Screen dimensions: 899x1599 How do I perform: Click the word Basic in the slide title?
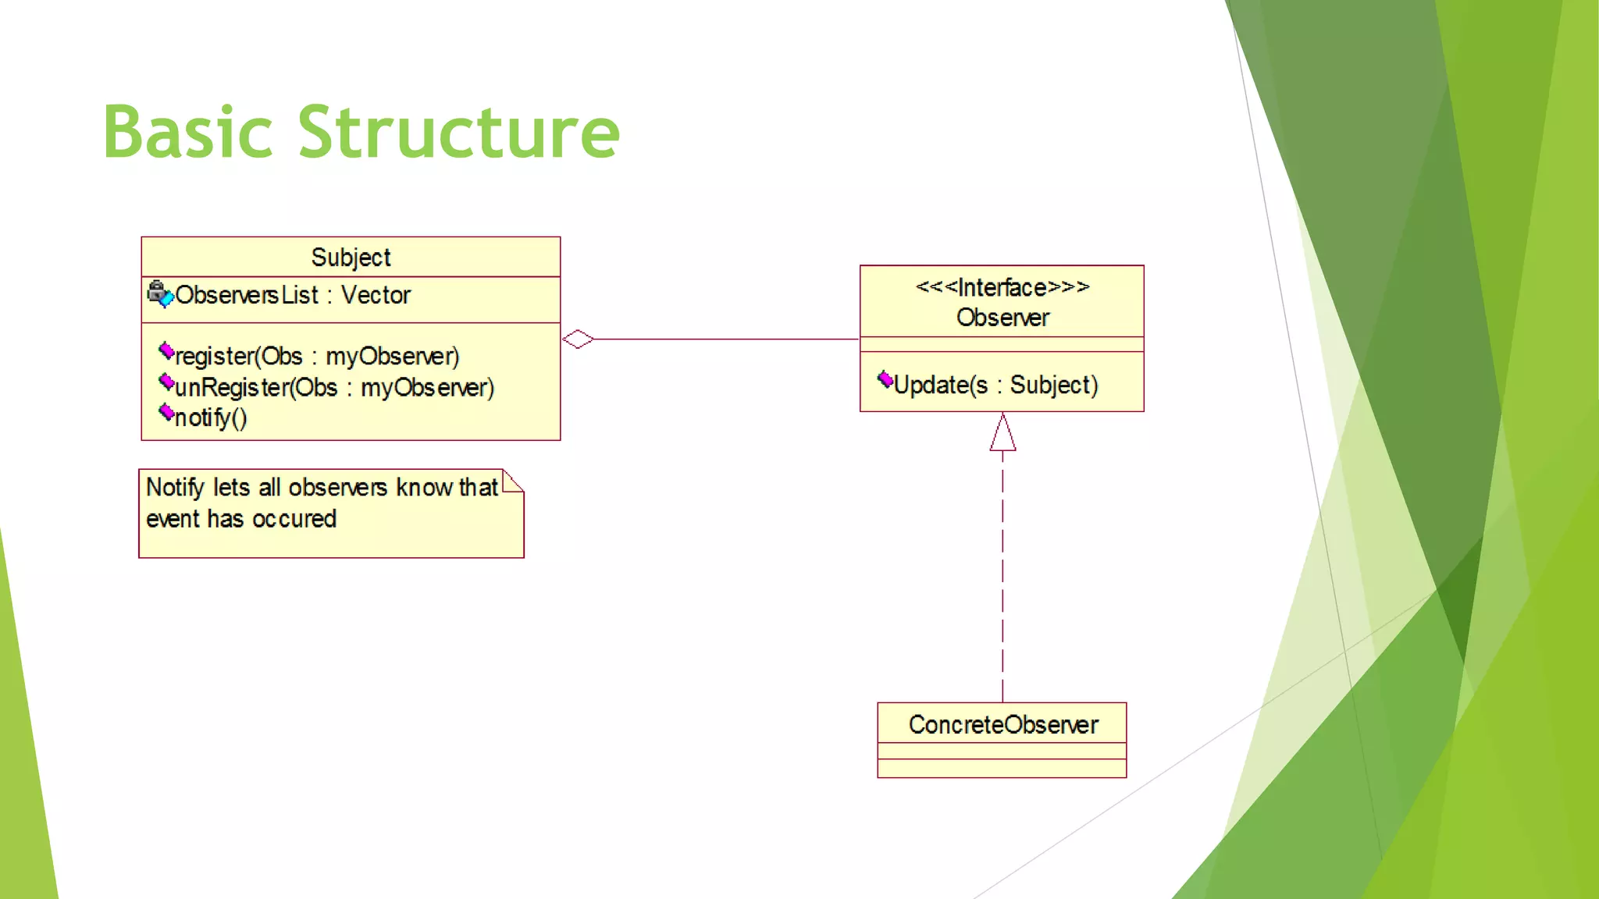(187, 133)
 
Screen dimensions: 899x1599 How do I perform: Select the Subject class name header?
(351, 257)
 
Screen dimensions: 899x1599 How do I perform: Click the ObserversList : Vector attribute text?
(293, 295)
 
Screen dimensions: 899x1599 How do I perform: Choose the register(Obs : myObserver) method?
(317, 356)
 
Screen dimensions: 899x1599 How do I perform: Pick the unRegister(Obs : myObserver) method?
(334, 387)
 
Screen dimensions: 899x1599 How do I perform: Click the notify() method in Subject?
(211, 418)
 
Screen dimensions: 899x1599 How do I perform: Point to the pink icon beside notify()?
(166, 412)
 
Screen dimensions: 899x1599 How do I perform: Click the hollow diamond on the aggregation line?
(578, 339)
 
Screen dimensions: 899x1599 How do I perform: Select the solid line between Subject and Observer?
(726, 339)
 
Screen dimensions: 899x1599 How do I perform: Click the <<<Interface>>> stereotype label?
(1002, 287)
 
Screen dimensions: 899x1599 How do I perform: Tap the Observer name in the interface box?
(1002, 318)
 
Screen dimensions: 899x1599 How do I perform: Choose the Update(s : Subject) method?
(995, 385)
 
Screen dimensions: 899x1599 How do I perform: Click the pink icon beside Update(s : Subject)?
(885, 379)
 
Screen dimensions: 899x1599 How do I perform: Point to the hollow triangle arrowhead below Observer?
(1002, 434)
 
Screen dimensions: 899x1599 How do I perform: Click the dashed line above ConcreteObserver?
(1002, 577)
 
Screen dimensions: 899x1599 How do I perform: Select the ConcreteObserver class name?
(1002, 724)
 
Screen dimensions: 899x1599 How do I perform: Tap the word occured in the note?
(294, 519)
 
